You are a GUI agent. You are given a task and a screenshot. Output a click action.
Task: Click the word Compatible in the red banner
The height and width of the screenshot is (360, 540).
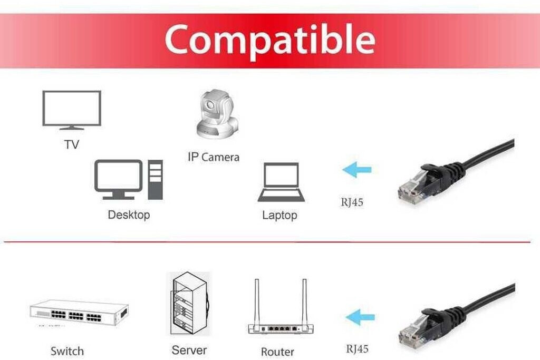[x=270, y=40]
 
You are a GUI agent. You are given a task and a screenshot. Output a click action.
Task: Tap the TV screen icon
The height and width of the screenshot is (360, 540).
[x=72, y=109]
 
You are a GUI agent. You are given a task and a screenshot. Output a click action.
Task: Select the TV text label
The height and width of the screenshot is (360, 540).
[x=72, y=144]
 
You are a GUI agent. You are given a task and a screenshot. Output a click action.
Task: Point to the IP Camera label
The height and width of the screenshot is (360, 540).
[x=214, y=157]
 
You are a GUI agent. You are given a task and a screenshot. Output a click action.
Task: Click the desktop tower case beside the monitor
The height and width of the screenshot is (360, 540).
[x=155, y=179]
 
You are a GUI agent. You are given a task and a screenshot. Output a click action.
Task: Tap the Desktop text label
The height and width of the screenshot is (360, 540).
[x=129, y=215]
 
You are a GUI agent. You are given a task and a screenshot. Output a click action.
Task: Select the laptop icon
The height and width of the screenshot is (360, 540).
[x=281, y=182]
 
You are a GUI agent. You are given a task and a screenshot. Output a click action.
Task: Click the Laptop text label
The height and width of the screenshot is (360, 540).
[x=279, y=216]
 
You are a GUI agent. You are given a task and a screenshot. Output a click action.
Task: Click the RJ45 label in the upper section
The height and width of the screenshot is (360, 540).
[x=352, y=202]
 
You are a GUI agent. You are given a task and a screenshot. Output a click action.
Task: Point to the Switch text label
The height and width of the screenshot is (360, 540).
[x=67, y=351]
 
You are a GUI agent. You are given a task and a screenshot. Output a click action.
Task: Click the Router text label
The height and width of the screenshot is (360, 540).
[x=277, y=352]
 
